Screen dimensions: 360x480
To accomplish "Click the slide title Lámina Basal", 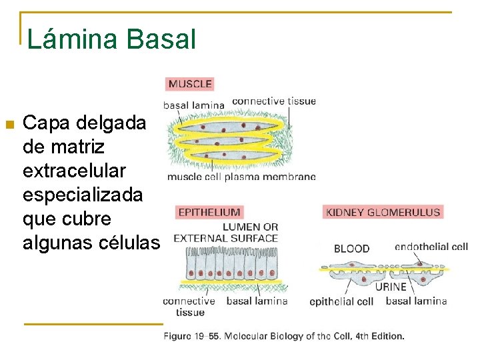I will pyautogui.click(x=111, y=39).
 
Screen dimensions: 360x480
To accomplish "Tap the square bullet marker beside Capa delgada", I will pyautogui.click(x=9, y=124).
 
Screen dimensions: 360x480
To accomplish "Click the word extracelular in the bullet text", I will pyautogui.click(x=74, y=171).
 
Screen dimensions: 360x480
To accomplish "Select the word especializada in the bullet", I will pyautogui.click(x=83, y=195).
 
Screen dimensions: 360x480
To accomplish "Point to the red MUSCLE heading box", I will pyautogui.click(x=190, y=84).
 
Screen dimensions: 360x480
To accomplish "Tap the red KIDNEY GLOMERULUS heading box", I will pyautogui.click(x=383, y=212).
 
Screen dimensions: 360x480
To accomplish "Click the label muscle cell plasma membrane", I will pyautogui.click(x=241, y=177).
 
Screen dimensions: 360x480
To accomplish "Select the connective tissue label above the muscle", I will pyautogui.click(x=274, y=101).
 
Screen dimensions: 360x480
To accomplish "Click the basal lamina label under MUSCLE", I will pyautogui.click(x=193, y=105).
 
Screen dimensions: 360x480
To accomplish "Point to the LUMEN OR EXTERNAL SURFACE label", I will pyautogui.click(x=226, y=232).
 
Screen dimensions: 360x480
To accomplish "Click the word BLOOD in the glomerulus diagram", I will pyautogui.click(x=351, y=249).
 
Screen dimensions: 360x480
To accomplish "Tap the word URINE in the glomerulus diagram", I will pyautogui.click(x=390, y=287).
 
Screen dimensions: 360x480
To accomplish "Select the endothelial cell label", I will pyautogui.click(x=431, y=247).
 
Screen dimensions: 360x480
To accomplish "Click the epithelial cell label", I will pyautogui.click(x=341, y=301).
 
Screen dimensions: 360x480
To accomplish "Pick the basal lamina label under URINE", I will pyautogui.click(x=416, y=301).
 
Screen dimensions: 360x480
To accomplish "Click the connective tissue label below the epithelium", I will pyautogui.click(x=190, y=306).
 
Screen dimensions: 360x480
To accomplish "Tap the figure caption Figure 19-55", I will pyautogui.click(x=284, y=336).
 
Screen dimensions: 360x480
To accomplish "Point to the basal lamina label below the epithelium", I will pyautogui.click(x=257, y=301).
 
